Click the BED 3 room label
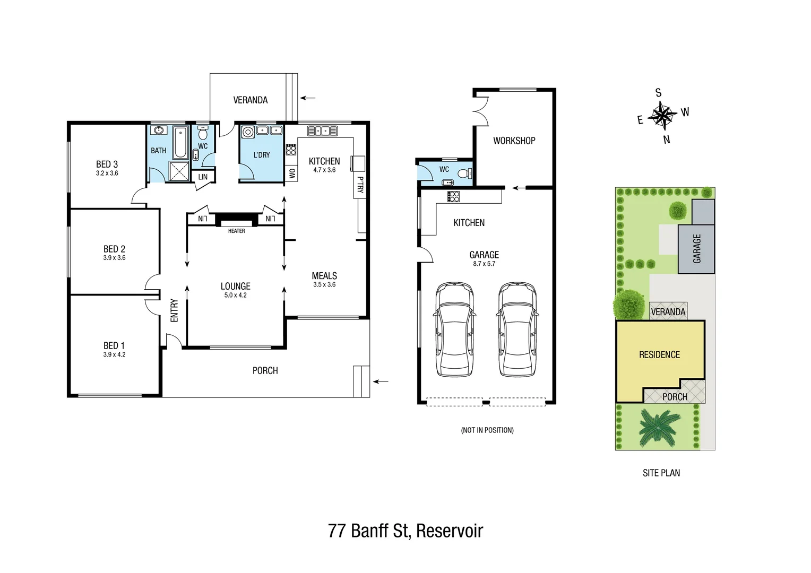[107, 164]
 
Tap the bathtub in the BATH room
[180, 142]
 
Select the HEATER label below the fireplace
[236, 231]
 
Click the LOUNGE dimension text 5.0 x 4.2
[235, 296]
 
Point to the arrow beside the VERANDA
[308, 98]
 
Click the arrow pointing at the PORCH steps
[381, 381]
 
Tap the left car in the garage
[454, 329]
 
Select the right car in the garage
[517, 329]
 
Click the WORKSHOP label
[514, 141]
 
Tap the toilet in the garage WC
[464, 173]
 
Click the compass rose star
[662, 115]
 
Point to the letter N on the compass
[667, 140]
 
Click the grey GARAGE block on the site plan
[696, 248]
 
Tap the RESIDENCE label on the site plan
[659, 354]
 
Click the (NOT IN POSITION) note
[487, 430]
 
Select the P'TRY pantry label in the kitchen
[360, 185]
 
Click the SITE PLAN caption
[661, 473]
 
